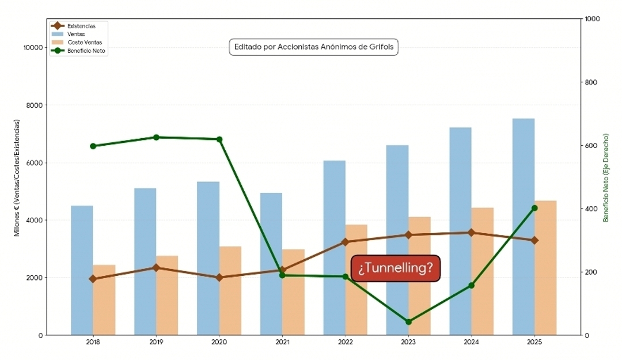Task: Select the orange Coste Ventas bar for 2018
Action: tap(104, 300)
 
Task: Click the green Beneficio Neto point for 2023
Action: tap(408, 322)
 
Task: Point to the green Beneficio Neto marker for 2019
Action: tap(156, 137)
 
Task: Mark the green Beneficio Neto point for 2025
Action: tap(534, 208)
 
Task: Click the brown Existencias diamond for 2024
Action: tap(471, 233)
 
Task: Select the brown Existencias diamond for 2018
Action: tap(93, 279)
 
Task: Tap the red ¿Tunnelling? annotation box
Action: tap(396, 268)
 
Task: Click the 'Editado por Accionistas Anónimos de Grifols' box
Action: tap(314, 47)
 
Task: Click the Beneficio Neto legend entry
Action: tap(86, 51)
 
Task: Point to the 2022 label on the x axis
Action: tap(345, 342)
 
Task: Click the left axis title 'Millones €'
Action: tap(17, 177)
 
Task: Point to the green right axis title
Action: tap(606, 177)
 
